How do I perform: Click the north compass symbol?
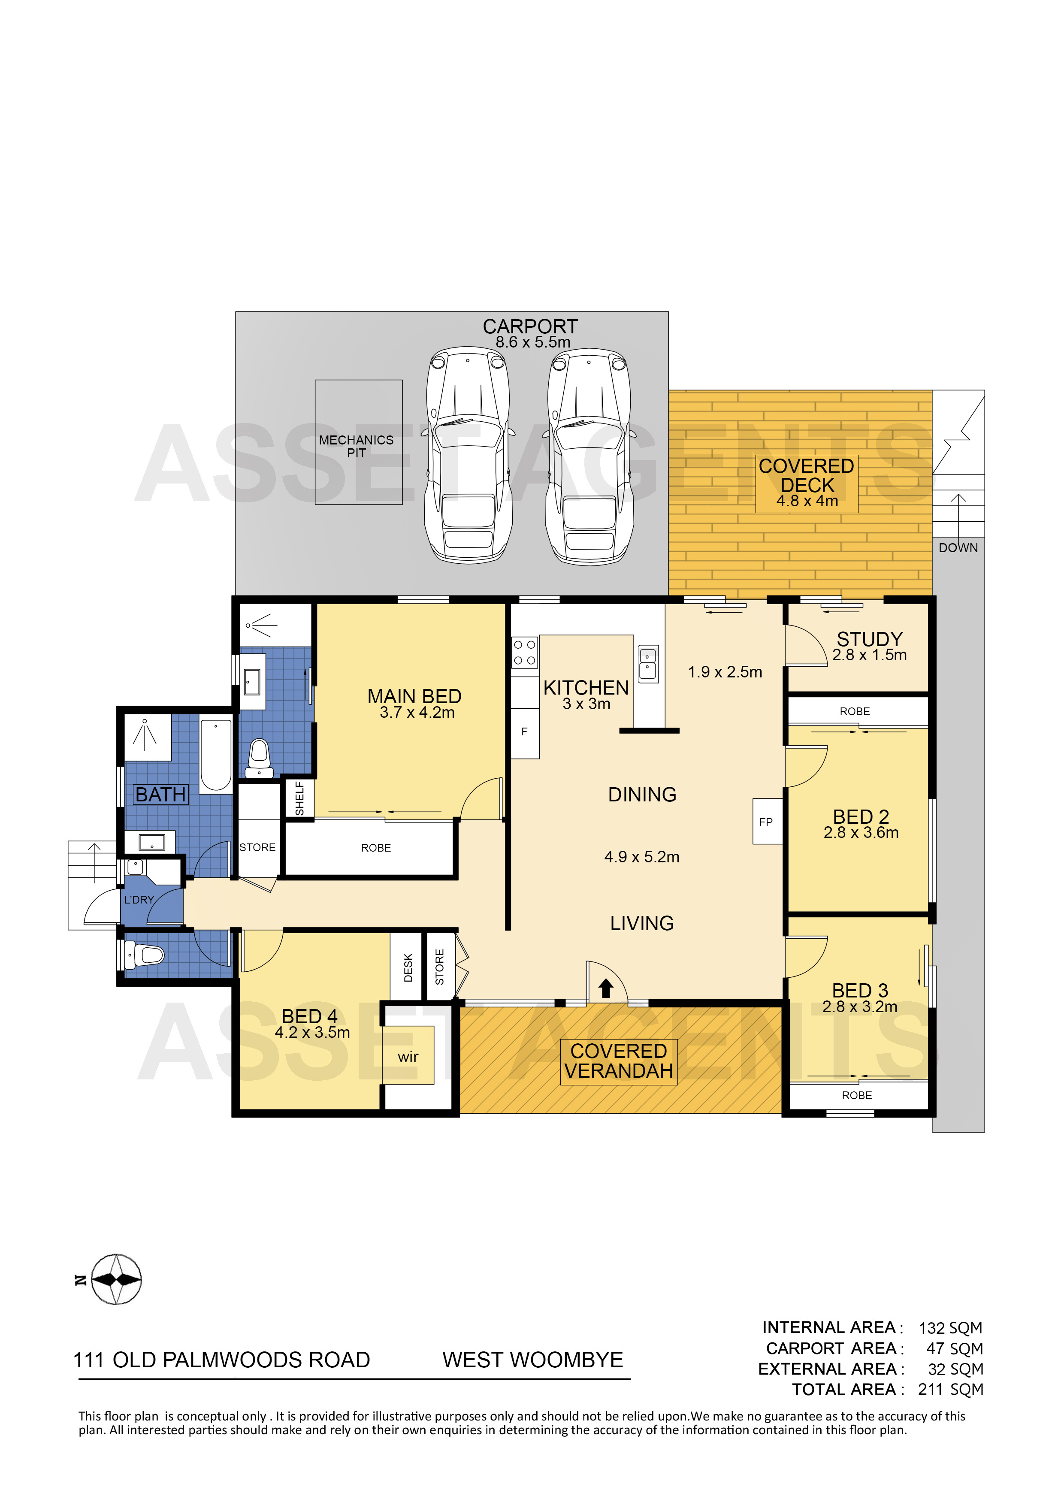116,1279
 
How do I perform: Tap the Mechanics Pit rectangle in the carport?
359,442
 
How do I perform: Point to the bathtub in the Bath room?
216,755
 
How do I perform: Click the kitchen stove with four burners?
524,652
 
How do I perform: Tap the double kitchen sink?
648,663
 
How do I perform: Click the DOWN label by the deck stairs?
958,548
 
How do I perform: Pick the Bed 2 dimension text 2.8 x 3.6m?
861,832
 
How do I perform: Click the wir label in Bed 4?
408,1057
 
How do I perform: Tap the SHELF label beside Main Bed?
299,798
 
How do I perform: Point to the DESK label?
408,967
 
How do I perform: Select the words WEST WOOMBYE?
532,1360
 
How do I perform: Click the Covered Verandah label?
618,1061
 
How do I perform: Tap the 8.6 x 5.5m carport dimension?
532,342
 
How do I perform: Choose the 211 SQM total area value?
951,1389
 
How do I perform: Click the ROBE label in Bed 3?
857,1095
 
